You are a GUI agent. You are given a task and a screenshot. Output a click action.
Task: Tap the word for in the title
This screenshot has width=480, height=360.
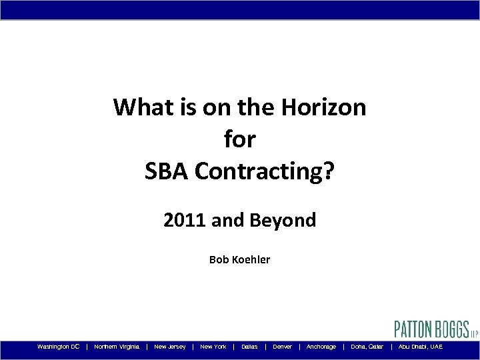click(x=240, y=139)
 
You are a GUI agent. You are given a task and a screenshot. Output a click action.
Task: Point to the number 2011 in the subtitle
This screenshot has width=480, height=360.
click(x=185, y=220)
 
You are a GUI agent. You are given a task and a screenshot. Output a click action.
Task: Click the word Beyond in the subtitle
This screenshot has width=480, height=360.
click(x=287, y=220)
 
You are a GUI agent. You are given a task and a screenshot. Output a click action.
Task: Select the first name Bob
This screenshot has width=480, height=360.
click(x=219, y=259)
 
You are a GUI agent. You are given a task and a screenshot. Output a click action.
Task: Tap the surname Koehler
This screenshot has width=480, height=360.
click(x=251, y=259)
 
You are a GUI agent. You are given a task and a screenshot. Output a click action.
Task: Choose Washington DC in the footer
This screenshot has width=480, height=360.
click(x=59, y=347)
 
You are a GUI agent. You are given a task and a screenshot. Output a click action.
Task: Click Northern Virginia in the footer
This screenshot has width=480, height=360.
click(x=117, y=347)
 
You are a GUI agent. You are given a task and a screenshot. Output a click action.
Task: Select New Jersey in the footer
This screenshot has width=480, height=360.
click(x=170, y=347)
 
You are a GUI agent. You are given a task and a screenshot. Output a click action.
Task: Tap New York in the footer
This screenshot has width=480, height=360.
click(x=213, y=347)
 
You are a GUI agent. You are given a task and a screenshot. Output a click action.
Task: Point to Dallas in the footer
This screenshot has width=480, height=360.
click(x=249, y=347)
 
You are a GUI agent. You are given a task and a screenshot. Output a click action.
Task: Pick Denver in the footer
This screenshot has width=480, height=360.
click(x=283, y=347)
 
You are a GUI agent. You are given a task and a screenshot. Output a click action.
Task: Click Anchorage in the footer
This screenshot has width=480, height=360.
click(x=321, y=347)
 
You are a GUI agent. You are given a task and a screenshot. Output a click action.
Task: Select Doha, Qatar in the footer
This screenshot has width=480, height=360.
click(x=367, y=347)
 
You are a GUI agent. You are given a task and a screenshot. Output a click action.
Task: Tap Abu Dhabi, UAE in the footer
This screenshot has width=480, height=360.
click(x=420, y=347)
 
